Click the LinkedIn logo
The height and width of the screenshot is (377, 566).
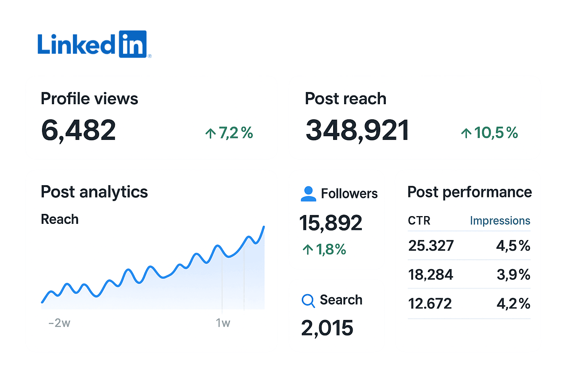(94, 44)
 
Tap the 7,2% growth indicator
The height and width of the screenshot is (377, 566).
(229, 133)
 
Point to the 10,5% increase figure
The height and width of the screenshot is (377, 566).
(489, 133)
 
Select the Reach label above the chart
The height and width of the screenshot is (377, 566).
(60, 219)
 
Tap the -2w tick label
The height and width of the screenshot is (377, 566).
(59, 323)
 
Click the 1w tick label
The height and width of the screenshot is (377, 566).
(223, 323)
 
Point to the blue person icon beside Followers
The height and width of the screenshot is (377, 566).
(308, 194)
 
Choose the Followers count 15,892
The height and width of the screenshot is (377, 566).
(331, 223)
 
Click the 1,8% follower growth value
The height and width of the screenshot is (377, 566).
(324, 250)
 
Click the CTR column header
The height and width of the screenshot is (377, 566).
(419, 221)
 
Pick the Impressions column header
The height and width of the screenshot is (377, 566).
(500, 221)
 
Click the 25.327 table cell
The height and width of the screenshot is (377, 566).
(431, 246)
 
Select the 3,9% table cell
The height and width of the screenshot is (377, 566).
(513, 275)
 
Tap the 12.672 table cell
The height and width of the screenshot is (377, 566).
(430, 303)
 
